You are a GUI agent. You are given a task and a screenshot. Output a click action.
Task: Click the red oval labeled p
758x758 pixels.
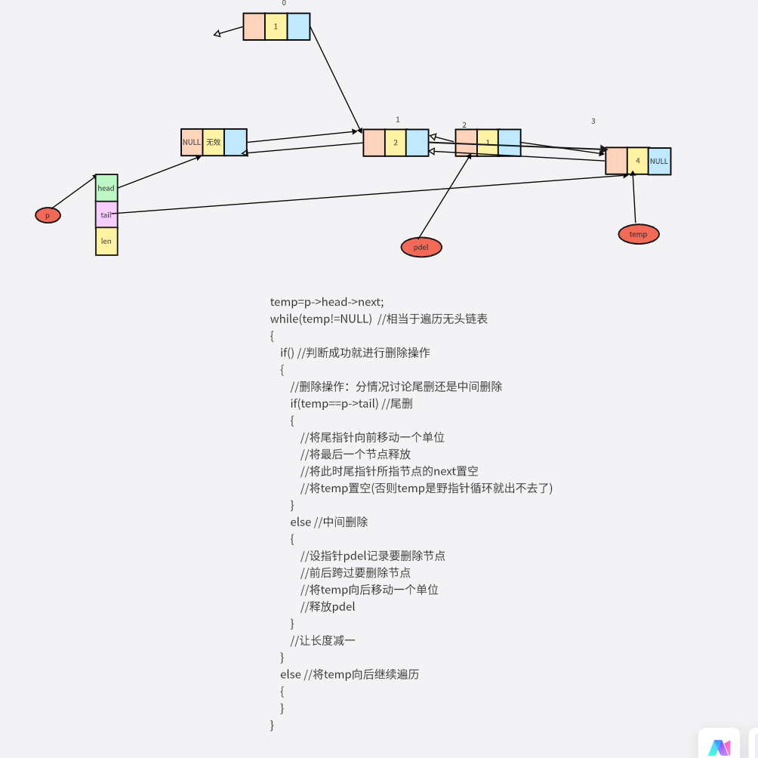pyautogui.click(x=48, y=215)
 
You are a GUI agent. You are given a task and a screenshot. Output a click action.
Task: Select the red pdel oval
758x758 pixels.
pyautogui.click(x=421, y=247)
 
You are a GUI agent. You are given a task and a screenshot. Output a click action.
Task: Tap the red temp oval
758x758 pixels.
pyautogui.click(x=638, y=234)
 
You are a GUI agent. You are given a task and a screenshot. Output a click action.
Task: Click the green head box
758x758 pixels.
pyautogui.click(x=106, y=188)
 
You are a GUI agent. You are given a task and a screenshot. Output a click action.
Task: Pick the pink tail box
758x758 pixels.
pyautogui.click(x=106, y=215)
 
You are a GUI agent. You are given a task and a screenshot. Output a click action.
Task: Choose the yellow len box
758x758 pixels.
pyautogui.click(x=106, y=242)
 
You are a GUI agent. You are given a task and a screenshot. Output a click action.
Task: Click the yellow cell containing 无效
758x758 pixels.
pyautogui.click(x=214, y=142)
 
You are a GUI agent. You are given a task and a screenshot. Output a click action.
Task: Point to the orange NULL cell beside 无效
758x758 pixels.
pyautogui.click(x=192, y=142)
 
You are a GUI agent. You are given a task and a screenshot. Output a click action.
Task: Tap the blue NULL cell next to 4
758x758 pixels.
pyautogui.click(x=659, y=161)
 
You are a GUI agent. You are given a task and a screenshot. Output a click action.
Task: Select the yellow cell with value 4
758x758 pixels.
pyautogui.click(x=638, y=161)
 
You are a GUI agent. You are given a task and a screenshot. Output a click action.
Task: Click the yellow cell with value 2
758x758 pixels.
pyautogui.click(x=396, y=143)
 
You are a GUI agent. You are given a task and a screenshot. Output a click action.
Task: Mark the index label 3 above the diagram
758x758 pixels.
pyautogui.click(x=593, y=121)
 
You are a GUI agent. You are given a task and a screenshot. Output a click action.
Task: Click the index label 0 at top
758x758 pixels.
pyautogui.click(x=284, y=3)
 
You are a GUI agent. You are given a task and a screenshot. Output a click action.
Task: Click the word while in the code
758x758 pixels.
pyautogui.click(x=285, y=319)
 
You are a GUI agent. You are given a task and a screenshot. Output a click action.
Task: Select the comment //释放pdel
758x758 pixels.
pyautogui.click(x=328, y=606)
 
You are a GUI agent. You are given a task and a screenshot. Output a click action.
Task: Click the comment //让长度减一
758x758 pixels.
pyautogui.click(x=322, y=640)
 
